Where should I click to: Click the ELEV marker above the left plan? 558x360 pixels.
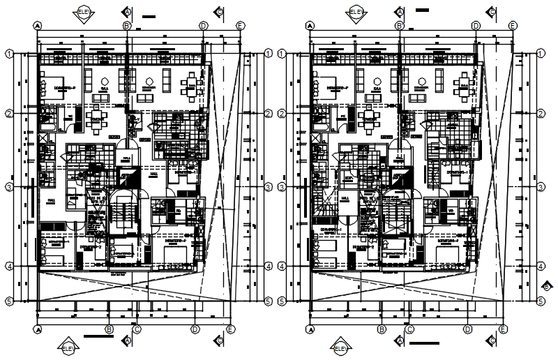[x=84, y=12]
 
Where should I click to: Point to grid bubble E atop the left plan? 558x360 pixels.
[x=239, y=25]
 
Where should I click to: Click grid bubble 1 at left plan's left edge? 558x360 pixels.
[x=10, y=53]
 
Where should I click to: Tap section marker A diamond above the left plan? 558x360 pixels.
[x=127, y=12]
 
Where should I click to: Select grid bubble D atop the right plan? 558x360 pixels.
[x=476, y=25]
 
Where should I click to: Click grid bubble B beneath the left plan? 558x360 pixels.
[x=109, y=329]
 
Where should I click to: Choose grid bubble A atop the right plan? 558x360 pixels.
[x=309, y=25]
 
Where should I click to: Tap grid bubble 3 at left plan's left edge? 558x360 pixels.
[x=10, y=187]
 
